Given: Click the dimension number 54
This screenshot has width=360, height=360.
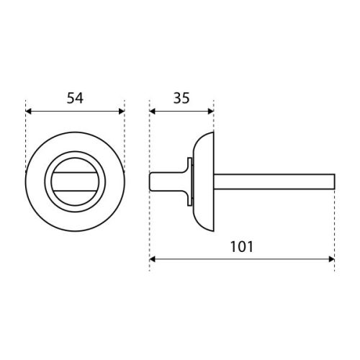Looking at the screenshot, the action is [75, 98].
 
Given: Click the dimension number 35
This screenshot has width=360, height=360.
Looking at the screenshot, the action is [181, 98].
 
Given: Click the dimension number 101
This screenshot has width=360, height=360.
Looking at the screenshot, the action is [242, 246].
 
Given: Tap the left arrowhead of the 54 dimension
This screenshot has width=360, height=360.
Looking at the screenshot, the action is [29, 112].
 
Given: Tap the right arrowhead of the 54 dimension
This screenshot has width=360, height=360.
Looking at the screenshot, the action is [122, 112].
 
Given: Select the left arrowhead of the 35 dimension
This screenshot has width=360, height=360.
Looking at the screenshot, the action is [153, 112].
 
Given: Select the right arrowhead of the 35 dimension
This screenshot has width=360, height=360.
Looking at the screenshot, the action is [210, 112].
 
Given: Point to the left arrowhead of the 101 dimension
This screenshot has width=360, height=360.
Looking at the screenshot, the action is [153, 259].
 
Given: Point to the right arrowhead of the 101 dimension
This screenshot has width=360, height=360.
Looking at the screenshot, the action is [331, 259].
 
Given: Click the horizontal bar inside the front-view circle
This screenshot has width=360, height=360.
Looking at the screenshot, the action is [75, 181].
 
